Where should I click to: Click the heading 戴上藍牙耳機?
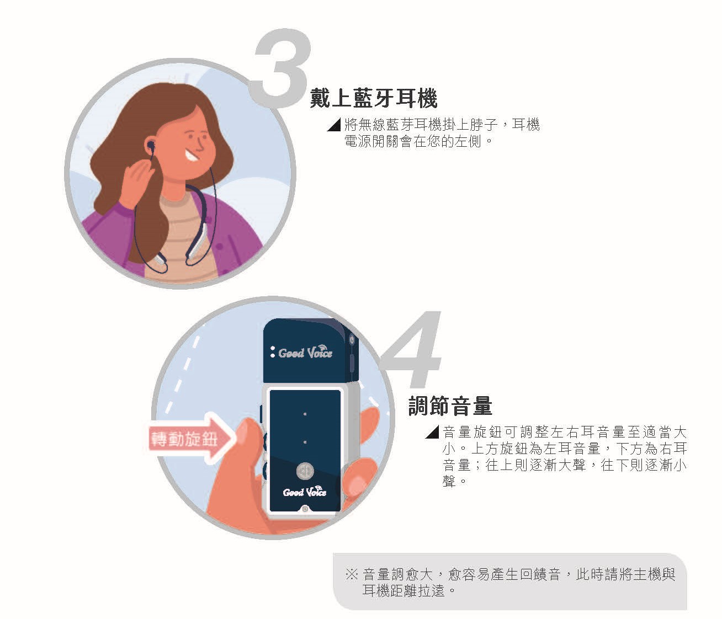point(374,98)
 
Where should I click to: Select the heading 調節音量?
point(450,405)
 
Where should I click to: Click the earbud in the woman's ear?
point(151,145)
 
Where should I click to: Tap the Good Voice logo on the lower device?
point(305,492)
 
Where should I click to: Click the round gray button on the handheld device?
point(305,471)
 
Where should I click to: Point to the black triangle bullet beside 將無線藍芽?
point(335,125)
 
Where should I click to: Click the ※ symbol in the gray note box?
point(352,574)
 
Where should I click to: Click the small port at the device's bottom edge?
point(305,509)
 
